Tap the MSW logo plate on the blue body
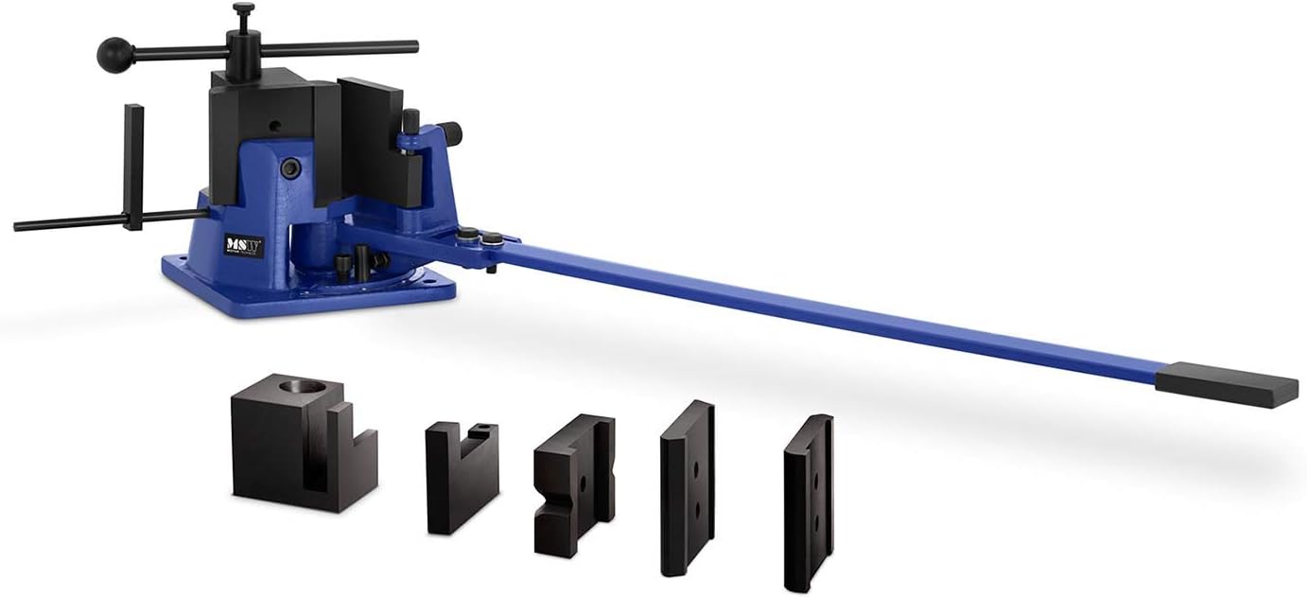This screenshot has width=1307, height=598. coord(244,245)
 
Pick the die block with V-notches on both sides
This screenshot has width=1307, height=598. coord(572,484)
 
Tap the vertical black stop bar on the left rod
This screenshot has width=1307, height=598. coord(133,167)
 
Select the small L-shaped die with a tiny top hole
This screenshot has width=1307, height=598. coord(461,476)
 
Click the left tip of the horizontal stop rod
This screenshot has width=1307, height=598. coord(19,227)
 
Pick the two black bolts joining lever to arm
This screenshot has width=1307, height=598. coord(480,237)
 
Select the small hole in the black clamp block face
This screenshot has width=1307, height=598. coord(273,125)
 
